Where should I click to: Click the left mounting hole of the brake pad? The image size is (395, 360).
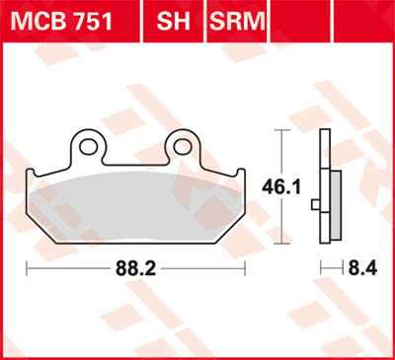(x=89, y=147)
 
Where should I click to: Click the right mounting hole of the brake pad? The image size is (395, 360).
(x=182, y=147)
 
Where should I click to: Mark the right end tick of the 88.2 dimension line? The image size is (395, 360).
(x=247, y=267)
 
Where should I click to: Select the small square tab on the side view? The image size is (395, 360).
(x=315, y=205)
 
